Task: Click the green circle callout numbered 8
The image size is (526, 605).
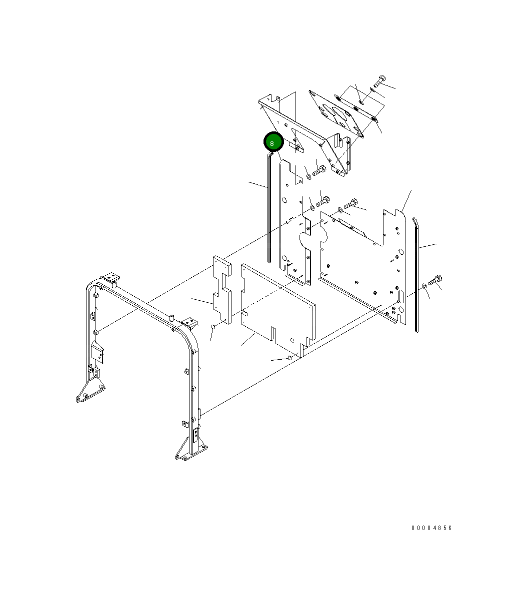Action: (x=273, y=142)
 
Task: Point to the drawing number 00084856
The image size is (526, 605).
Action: (x=431, y=528)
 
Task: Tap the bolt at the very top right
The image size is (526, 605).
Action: (x=380, y=81)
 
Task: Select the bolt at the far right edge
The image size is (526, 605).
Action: (x=435, y=280)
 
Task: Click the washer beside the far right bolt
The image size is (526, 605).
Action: (x=424, y=286)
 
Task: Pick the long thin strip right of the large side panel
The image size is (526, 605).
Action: (x=415, y=275)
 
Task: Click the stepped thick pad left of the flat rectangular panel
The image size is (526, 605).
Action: (x=222, y=290)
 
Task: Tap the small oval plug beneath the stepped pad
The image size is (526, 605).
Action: (x=212, y=326)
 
